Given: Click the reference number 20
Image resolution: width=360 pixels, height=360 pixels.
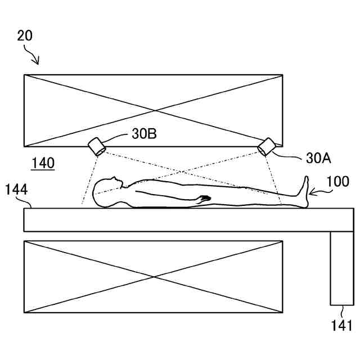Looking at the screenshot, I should coord(25,35).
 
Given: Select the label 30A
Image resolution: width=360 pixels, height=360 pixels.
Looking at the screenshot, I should coord(318,158).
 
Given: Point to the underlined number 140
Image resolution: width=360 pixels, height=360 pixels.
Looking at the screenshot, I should coord(43,164).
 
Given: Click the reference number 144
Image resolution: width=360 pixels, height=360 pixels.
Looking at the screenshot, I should coord(17,189).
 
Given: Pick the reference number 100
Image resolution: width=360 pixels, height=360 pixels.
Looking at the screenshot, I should coord(337,182).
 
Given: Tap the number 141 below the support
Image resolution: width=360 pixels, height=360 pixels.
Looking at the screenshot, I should coord(342,325).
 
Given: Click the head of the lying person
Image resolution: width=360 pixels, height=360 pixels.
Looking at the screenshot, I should coord(107,189).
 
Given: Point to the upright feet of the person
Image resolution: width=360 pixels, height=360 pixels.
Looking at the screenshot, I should coord(305,191).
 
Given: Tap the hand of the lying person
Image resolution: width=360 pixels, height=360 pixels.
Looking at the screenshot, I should coord(204,198).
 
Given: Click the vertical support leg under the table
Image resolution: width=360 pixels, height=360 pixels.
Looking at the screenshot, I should coord(341,268).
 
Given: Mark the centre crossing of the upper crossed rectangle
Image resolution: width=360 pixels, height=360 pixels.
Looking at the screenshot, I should coord(153,110).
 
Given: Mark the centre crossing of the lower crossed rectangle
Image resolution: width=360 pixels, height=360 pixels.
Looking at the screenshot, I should coord(153,277).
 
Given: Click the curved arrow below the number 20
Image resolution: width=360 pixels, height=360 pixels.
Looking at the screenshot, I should coord(32,55).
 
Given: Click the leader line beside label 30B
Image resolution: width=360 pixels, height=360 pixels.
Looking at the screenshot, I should coord(117,136).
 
